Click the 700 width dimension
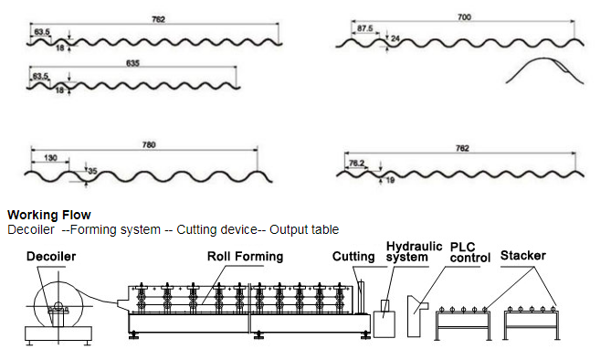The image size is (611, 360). tap(464, 17)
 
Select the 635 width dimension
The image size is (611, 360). tap(132, 63)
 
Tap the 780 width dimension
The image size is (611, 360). tap(149, 145)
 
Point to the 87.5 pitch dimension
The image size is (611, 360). tap(364, 28)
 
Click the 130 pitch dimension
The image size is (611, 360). tap(50, 158)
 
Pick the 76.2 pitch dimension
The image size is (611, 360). tap(356, 163)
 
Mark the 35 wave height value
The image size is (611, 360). tap(92, 171)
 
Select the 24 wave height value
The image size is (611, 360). tap(395, 38)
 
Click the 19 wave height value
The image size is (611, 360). tap(390, 180)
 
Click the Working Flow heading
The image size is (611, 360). tap(49, 215)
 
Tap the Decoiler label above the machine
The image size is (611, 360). tap(51, 256)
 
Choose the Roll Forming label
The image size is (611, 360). tap(245, 256)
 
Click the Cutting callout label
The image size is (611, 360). tap(353, 256)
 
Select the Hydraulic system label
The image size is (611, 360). tap(415, 251)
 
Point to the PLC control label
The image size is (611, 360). tap(470, 252)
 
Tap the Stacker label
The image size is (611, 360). tap(523, 256)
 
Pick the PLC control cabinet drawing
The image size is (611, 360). tap(416, 316)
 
